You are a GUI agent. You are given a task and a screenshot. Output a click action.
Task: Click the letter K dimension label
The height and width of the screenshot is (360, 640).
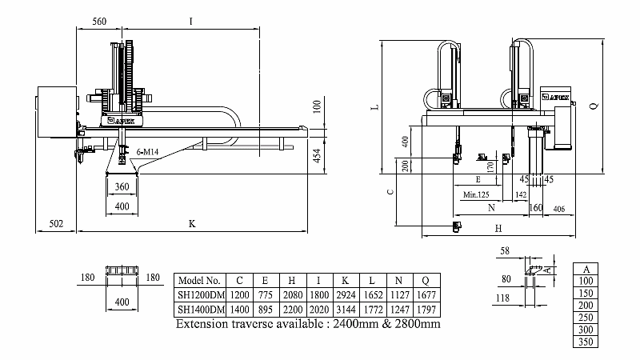pos(192,223)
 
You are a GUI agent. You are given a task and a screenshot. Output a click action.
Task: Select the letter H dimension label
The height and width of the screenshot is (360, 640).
pos(498,229)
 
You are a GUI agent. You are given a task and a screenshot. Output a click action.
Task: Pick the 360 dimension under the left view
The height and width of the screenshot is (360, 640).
pos(122,186)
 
